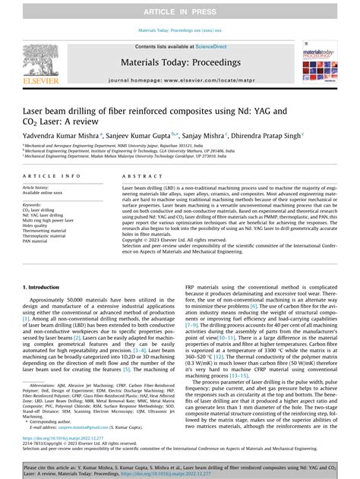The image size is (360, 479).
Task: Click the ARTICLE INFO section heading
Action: pyautogui.click(x=48, y=176)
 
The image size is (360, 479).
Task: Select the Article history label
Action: pyautogui.click(x=38, y=187)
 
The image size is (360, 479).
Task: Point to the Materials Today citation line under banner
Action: pyautogui.click(x=179, y=31)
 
